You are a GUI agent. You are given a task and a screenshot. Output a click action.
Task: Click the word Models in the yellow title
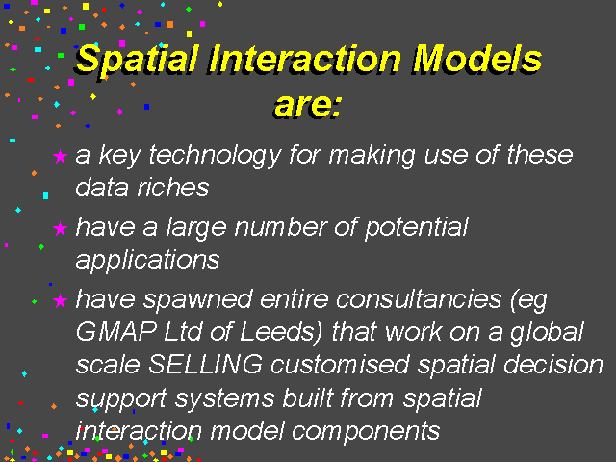476,59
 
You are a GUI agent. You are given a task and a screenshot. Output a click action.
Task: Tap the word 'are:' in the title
308,105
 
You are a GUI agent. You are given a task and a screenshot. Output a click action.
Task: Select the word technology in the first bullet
215,156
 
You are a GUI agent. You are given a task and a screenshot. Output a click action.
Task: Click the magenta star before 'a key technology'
60,156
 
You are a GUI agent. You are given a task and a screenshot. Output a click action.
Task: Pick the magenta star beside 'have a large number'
60,229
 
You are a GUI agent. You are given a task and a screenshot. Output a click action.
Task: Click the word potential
417,228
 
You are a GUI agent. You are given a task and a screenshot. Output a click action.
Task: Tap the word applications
147,260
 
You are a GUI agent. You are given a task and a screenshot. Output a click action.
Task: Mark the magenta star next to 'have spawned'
60,301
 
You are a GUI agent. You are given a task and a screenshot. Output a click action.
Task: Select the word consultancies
419,299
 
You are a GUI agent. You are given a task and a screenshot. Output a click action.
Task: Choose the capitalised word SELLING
205,364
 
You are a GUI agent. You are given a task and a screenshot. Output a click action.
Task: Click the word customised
340,364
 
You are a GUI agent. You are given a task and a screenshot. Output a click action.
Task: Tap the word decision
553,364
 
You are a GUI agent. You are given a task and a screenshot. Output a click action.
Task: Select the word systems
224,398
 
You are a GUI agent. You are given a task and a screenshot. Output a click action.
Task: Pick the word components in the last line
366,432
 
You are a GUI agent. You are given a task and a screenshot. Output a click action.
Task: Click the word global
547,333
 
